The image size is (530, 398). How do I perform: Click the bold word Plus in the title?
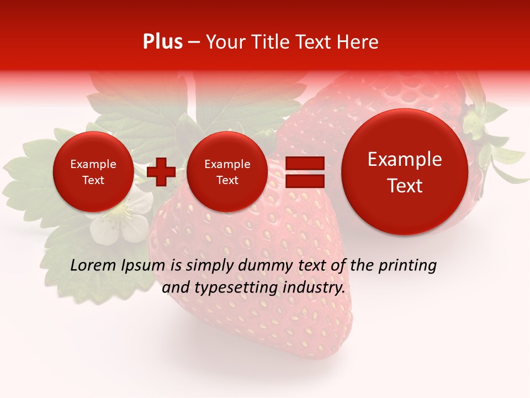tap(162, 42)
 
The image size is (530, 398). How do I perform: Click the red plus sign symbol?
tap(161, 172)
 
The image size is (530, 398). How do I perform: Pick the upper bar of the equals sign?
tap(305, 163)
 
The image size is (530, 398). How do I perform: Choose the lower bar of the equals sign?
tap(305, 181)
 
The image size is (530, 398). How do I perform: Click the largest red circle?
tap(405, 172)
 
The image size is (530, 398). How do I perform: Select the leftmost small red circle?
tap(93, 172)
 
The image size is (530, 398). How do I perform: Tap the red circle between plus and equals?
tap(227, 172)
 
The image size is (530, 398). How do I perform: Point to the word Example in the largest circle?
tap(405, 159)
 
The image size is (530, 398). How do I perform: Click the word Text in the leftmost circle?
tap(93, 180)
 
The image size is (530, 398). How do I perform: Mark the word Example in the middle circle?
tap(227, 164)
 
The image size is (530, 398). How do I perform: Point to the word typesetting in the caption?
tap(234, 288)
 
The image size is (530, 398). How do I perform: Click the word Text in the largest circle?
tap(405, 186)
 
